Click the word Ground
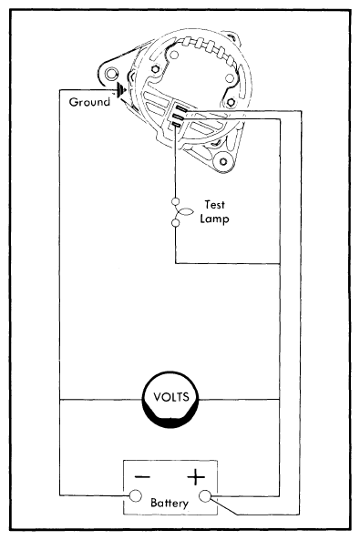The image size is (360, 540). (x=88, y=102)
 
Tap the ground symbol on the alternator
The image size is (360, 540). (x=119, y=91)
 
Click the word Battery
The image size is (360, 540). (x=170, y=503)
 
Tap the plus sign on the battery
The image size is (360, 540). (x=196, y=476)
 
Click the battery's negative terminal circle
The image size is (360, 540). (x=135, y=495)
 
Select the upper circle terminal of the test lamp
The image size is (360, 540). (x=175, y=202)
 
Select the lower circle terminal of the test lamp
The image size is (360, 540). (x=175, y=222)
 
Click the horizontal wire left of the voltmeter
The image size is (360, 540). (x=100, y=399)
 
